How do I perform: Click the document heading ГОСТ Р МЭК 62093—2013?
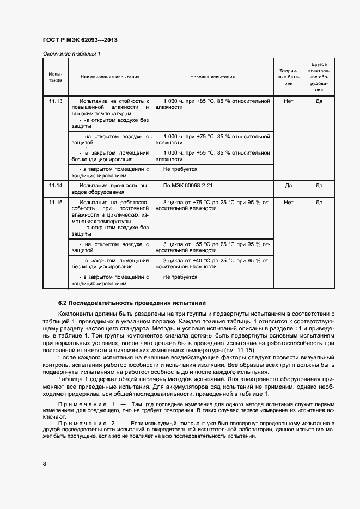[80, 40]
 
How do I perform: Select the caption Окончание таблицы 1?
[71, 53]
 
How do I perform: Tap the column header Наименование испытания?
[110, 77]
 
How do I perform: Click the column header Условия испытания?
[212, 77]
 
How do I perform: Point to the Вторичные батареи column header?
[289, 77]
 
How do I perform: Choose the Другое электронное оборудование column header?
[319, 77]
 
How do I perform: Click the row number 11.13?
[56, 101]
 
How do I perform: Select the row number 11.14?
[56, 186]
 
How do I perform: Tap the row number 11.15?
[56, 203]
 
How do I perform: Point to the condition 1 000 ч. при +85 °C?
[212, 105]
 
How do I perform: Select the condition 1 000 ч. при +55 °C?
[212, 156]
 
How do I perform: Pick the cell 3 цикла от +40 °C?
[212, 263]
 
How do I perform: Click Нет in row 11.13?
[289, 101]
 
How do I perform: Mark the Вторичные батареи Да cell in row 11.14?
[289, 186]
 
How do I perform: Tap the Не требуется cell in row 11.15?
[180, 277]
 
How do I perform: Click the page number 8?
[44, 463]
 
